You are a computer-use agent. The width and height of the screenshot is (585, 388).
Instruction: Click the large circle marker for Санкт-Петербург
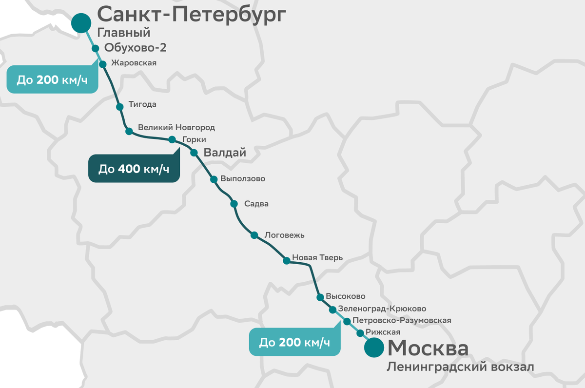pos(81,23)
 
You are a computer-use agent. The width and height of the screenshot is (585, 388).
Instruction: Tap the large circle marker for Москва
pos(374,347)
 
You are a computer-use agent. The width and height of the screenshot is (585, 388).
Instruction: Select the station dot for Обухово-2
pos(96,48)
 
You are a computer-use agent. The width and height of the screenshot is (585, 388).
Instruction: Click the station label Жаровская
pos(134,63)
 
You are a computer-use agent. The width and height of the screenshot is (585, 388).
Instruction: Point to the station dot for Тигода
pos(119,107)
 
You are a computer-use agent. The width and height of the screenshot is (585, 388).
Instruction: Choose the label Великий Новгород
pos(176,127)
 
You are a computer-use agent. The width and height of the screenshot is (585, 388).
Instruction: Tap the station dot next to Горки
pos(172,140)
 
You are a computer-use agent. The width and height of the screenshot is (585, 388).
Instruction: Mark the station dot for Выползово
pos(214,179)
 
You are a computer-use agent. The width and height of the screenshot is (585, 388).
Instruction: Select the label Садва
pos(256,204)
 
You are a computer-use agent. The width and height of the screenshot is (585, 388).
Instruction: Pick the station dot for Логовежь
pos(254,235)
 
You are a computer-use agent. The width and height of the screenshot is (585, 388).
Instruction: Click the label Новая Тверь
pos(317,258)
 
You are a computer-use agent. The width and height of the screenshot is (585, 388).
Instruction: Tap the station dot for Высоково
pos(320,297)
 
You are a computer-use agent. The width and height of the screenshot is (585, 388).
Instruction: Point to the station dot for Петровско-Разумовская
pos(347,321)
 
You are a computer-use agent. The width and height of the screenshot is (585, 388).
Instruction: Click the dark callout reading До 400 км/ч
pos(134,169)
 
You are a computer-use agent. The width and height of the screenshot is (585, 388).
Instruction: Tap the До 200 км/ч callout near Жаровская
pos(52,79)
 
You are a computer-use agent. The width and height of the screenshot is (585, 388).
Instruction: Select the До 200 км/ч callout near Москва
pos(294,342)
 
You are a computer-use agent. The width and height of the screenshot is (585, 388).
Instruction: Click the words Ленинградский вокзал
pos(460,367)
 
